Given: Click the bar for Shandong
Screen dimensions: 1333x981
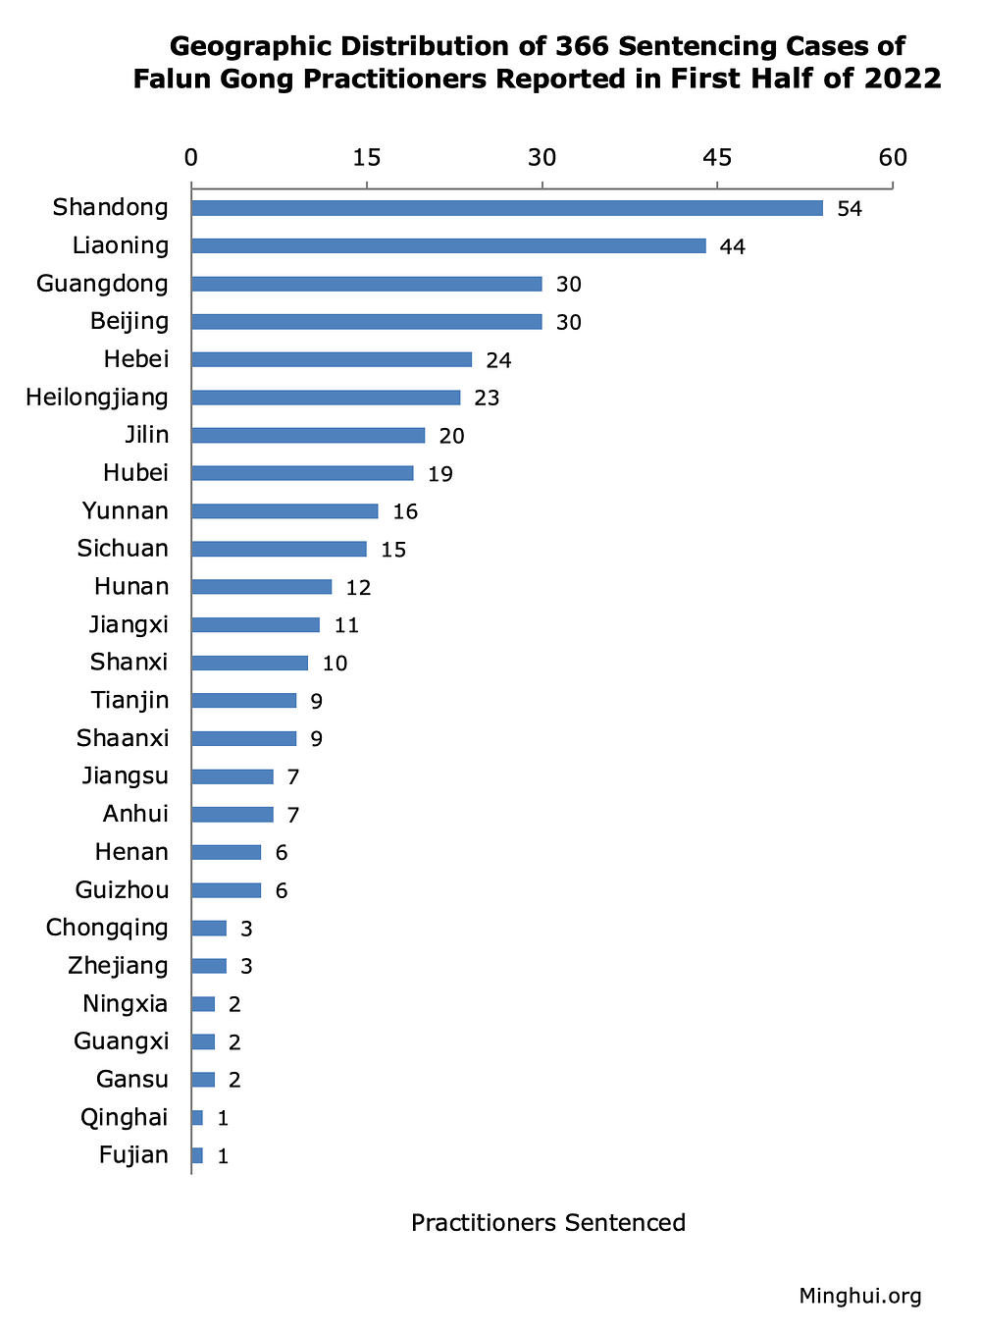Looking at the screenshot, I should point(506,208).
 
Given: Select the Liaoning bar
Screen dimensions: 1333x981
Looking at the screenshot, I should point(448,246).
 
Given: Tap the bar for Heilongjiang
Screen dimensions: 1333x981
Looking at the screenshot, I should point(326,398).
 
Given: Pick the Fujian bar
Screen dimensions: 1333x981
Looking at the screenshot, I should point(197,1155).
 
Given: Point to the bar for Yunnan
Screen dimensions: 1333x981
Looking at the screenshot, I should point(284,511).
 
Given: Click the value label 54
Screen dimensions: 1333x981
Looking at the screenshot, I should point(850,209).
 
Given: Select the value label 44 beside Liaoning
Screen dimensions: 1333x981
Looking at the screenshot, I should point(733,247).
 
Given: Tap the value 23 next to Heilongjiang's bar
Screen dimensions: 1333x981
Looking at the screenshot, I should point(487,399).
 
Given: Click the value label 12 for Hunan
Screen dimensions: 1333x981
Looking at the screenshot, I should point(358,588).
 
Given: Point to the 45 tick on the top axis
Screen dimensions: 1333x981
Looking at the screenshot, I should point(717,158).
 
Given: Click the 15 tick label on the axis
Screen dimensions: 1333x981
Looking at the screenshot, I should point(366,158).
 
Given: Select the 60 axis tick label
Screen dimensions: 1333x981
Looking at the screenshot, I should point(893,158).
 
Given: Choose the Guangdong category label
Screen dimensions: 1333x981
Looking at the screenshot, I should point(102,285).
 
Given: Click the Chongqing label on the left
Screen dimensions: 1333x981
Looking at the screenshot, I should point(107,928).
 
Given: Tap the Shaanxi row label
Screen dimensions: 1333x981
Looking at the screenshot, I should point(123,738).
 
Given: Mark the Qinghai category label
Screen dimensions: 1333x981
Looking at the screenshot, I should point(124,1117).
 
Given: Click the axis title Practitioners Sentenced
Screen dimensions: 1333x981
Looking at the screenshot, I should point(548,1223).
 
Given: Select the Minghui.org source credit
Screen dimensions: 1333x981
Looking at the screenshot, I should point(860,1297).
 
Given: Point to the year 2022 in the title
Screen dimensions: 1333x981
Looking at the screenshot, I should point(903,79).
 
